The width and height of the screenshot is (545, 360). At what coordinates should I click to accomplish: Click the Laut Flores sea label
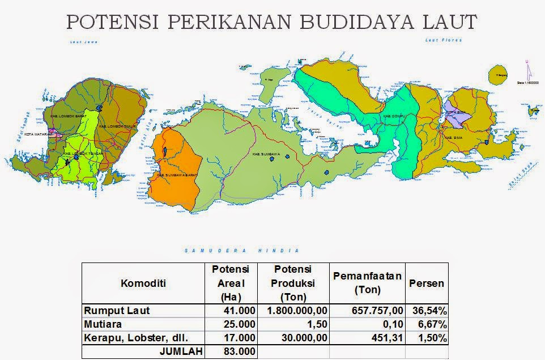click(444, 40)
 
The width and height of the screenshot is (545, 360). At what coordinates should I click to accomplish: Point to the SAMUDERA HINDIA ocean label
click(242, 250)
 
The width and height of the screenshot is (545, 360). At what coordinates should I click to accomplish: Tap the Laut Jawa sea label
click(80, 42)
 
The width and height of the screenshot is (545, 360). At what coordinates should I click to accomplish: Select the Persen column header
click(427, 283)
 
